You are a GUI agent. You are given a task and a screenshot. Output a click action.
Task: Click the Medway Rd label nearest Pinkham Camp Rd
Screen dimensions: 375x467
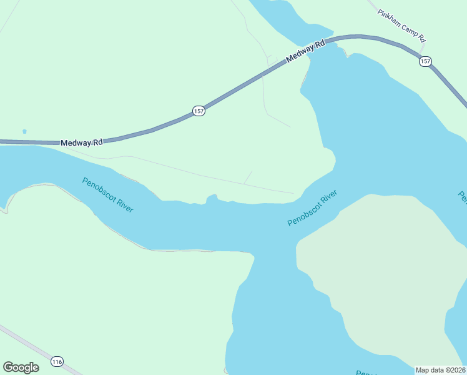point(307,52)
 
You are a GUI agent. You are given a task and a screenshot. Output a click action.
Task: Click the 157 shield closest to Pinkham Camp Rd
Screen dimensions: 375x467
point(425,61)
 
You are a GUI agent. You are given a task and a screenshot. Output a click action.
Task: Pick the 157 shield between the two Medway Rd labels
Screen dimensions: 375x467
point(199,111)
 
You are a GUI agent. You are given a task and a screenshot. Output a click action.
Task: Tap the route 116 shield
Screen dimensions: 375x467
point(57,362)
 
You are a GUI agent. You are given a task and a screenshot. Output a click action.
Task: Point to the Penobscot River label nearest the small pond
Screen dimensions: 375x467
point(108,194)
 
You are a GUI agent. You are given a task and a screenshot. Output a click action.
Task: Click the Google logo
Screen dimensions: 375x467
point(21,367)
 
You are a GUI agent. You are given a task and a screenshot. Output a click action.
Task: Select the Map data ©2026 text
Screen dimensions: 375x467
point(441,369)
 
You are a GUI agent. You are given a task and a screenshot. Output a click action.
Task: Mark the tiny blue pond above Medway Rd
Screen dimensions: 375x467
point(24,132)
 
